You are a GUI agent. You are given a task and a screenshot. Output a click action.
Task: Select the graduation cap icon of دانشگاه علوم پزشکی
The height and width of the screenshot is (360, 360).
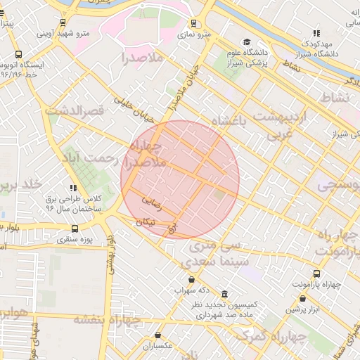tap(245, 41)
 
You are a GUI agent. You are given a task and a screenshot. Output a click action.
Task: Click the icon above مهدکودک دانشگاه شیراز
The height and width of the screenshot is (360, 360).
tap(317, 32)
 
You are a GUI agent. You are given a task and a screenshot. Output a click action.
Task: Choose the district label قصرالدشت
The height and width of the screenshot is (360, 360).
tap(75, 110)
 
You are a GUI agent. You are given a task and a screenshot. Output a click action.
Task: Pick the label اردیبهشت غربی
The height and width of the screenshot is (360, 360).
tap(281, 123)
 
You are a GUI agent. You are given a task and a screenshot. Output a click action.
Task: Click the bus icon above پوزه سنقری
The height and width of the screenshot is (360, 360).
tap(75, 229)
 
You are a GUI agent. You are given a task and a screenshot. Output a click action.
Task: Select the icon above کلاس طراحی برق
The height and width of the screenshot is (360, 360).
tap(73, 187)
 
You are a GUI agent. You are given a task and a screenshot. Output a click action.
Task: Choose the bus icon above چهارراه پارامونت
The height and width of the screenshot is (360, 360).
tap(316, 274)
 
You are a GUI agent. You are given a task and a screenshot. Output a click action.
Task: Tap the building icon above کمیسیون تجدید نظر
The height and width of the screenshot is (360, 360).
tap(224, 293)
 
